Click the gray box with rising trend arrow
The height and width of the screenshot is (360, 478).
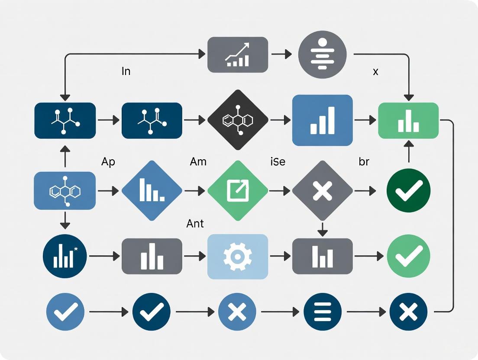tap(238, 55)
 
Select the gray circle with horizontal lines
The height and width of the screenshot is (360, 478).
tap(323, 55)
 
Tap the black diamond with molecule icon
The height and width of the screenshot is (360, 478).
tap(238, 120)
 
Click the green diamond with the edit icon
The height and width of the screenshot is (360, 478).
tap(238, 191)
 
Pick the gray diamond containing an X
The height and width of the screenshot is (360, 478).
tap(323, 191)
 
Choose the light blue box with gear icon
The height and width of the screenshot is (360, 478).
tap(238, 256)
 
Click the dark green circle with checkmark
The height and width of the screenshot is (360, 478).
tap(408, 191)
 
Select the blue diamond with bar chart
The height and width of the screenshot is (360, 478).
tap(152, 191)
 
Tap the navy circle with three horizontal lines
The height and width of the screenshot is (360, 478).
tap(323, 312)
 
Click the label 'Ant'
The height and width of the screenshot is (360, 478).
tap(195, 224)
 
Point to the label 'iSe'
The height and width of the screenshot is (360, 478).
tap(278, 162)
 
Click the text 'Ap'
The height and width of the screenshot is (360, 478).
tap(108, 162)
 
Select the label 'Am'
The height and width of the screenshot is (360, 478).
tap(198, 162)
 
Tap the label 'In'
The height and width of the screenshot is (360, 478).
tap(126, 71)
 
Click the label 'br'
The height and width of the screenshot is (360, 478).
tap(364, 162)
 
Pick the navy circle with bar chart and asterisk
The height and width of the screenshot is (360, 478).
tap(65, 256)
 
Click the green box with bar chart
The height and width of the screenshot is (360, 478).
tap(408, 120)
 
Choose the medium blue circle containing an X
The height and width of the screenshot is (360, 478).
tap(237, 312)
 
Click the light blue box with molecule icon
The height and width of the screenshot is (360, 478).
tap(65, 191)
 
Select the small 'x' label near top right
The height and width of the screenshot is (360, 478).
tap(375, 71)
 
